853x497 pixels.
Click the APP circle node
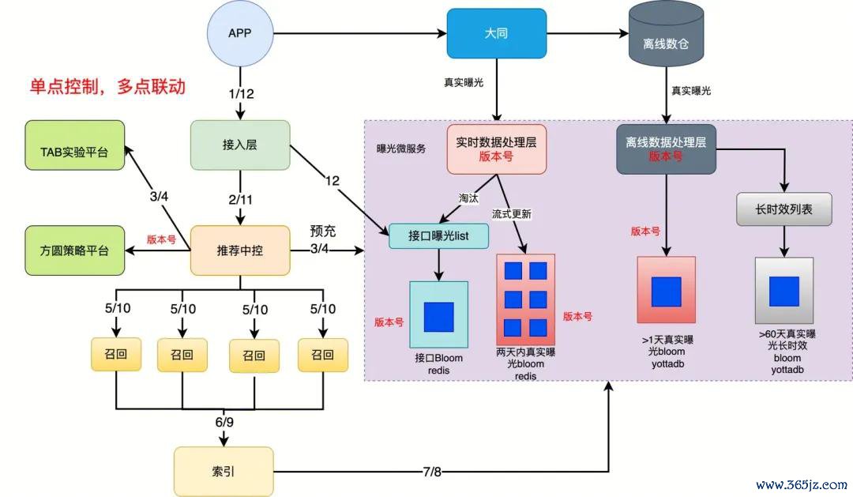tap(240, 33)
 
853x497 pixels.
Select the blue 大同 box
tap(496, 33)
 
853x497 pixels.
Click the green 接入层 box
tap(240, 145)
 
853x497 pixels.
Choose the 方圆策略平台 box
tap(74, 250)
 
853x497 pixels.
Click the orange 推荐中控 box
tap(240, 250)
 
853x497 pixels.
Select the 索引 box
tap(223, 472)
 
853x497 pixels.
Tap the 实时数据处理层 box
tap(496, 149)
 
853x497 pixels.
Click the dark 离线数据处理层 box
tap(665, 149)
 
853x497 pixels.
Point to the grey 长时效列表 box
tap(784, 210)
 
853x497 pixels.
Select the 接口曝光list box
tap(439, 235)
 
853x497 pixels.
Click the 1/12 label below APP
tap(240, 93)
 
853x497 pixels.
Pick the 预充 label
tap(323, 232)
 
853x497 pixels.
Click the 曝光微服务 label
tap(401, 148)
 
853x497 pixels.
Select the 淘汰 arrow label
tap(468, 198)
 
